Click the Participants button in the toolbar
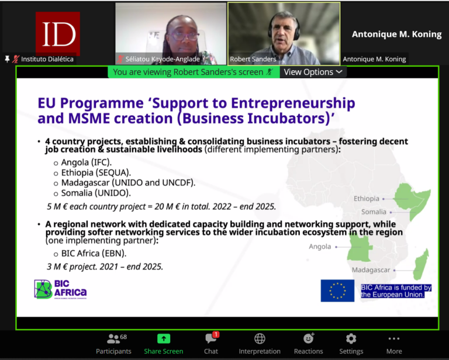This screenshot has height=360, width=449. (114, 344)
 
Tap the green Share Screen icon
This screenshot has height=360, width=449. (164, 339)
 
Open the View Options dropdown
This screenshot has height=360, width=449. (312, 72)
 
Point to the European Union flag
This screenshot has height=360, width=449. (337, 290)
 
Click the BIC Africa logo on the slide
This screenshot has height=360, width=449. (60, 289)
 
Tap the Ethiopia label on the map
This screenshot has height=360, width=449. (367, 199)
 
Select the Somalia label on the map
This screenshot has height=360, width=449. (374, 212)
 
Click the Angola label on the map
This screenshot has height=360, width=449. (320, 247)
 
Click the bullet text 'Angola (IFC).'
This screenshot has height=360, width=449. (86, 162)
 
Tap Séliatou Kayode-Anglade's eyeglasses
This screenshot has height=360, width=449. (185, 35)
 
